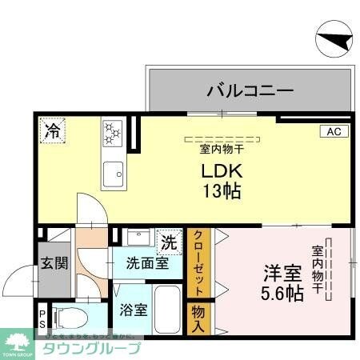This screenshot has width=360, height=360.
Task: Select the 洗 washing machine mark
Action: (169, 240)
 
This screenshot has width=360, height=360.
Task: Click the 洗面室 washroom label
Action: (146, 262)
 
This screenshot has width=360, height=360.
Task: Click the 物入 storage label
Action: (198, 318)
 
